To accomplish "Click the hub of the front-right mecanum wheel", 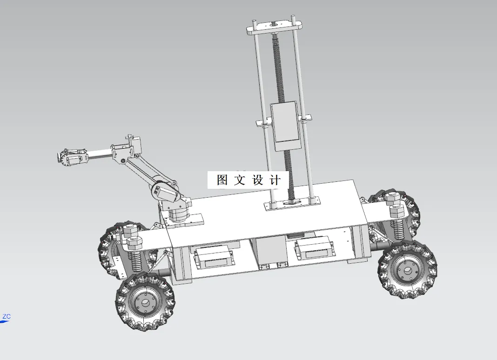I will point(408,270).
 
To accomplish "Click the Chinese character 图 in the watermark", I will point(222,180).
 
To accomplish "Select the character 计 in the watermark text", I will point(275,180).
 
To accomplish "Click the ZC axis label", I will point(7,317).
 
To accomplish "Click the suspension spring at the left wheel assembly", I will point(136,260).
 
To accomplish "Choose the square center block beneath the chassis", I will point(270,251).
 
